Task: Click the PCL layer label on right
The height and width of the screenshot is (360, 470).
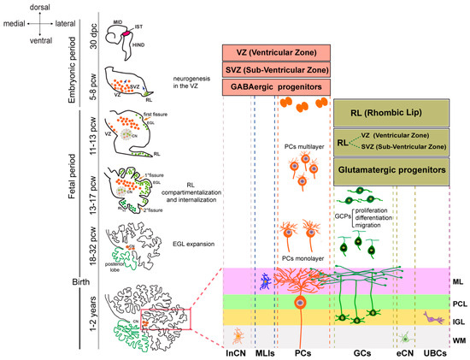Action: pyautogui.click(x=458, y=302)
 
